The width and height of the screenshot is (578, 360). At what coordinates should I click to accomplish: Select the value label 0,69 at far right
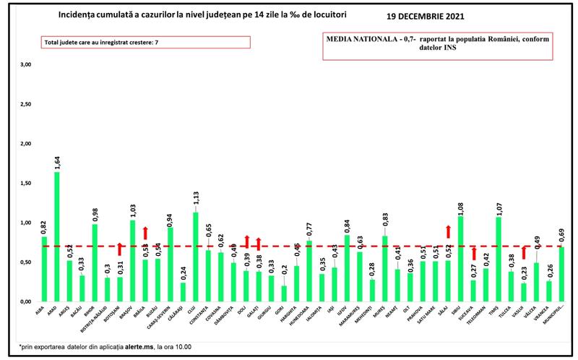(x=562, y=236)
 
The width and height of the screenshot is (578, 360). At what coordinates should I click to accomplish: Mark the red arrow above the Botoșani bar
(x=121, y=249)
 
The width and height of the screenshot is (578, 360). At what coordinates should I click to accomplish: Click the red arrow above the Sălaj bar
(x=448, y=231)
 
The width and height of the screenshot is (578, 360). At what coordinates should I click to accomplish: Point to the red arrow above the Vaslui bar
(x=525, y=252)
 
